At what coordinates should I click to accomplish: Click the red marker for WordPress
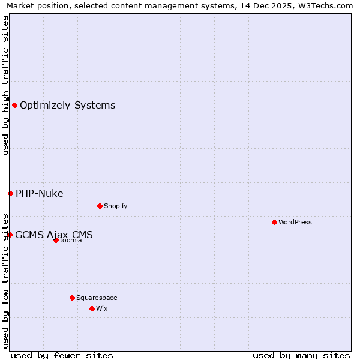274,222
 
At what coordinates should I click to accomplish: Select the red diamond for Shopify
100,206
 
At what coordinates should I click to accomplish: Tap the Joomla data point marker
56,240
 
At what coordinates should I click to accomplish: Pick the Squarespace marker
72,298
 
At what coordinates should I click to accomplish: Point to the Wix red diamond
92,308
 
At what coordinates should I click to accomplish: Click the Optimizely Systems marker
14,106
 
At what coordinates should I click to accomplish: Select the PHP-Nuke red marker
10,193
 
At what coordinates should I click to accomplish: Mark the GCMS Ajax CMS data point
10,235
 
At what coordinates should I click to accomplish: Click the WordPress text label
295,222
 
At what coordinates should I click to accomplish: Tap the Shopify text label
116,206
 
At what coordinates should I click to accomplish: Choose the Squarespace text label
97,298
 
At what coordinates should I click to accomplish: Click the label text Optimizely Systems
67,106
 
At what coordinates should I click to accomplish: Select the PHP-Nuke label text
39,193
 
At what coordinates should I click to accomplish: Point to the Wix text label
101,308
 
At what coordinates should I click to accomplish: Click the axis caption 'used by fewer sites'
62,355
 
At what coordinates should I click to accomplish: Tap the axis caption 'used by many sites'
301,355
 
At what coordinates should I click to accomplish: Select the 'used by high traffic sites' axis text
5,85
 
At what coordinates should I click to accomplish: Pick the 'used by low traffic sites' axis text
5,280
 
